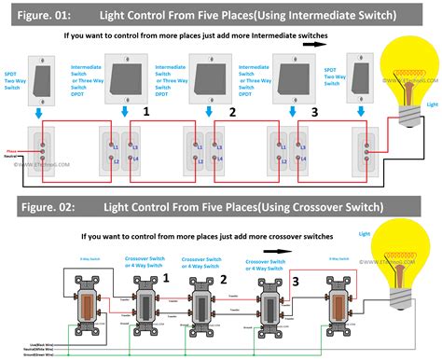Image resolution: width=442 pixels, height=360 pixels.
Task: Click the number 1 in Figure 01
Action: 146,112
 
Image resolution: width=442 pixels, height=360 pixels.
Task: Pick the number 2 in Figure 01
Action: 229,112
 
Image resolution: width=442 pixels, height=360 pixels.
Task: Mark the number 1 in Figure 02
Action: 166,277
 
